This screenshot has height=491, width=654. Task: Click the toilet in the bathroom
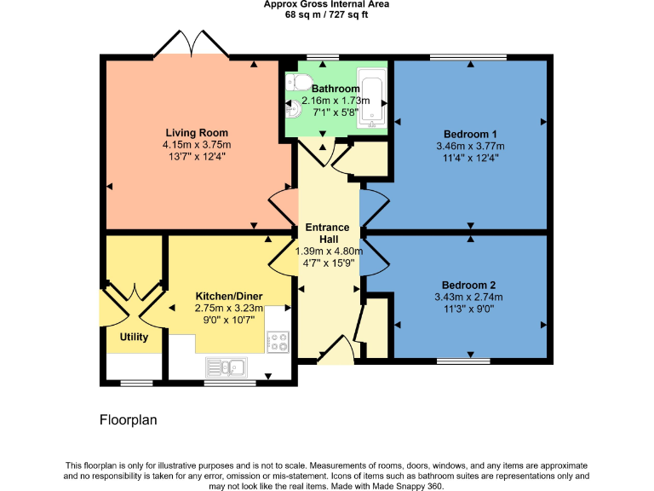coord(295,83)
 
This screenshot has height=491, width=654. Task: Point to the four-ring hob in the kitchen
coord(278,343)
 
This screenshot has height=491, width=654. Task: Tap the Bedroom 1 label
coord(470,134)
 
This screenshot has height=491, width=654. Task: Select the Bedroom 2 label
coord(468,285)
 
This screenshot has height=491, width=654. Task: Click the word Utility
coord(134,337)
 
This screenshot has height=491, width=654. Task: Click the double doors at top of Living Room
coord(192,45)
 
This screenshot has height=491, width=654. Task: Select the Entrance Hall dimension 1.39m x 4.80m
coord(329,251)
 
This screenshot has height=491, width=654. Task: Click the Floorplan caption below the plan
coord(128,419)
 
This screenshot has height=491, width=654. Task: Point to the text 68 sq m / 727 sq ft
coord(327,14)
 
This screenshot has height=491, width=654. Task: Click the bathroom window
coord(322,57)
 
